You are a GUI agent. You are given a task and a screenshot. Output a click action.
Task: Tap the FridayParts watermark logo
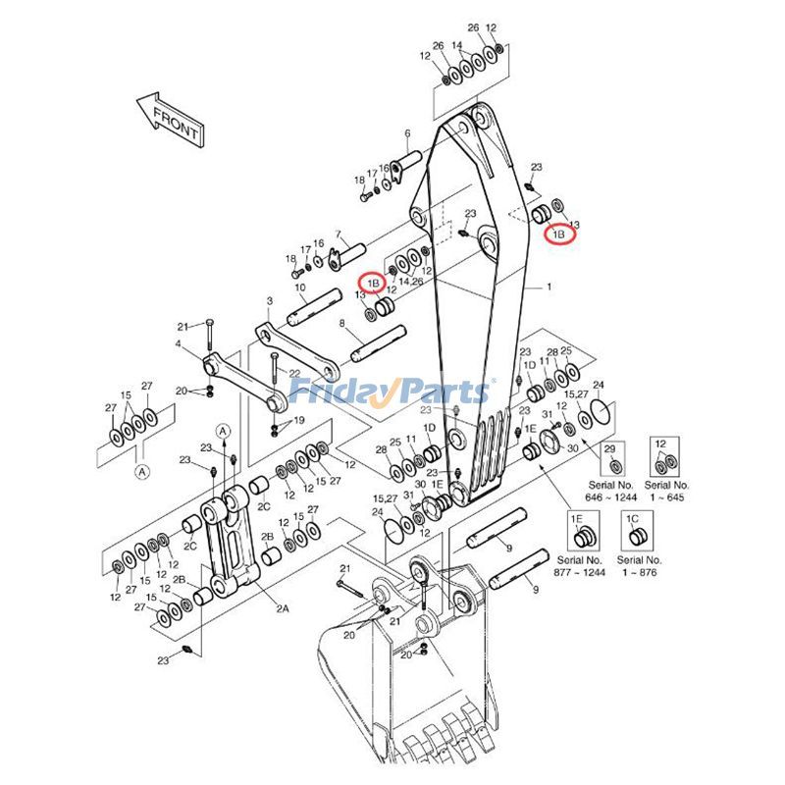[x=391, y=392]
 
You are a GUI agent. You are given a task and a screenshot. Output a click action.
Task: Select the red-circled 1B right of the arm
[x=560, y=235]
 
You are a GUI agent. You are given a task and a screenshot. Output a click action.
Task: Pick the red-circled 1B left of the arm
[x=373, y=283]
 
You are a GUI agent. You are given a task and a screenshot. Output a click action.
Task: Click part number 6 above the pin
[x=406, y=133]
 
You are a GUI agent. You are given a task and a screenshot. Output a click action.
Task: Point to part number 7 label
[x=338, y=235]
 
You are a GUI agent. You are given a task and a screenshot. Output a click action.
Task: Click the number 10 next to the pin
[x=300, y=287]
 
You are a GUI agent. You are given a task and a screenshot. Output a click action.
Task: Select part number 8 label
[x=342, y=323]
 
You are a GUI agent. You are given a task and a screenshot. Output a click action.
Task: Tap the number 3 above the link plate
[x=269, y=300]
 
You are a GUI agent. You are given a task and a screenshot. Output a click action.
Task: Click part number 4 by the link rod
[x=178, y=344]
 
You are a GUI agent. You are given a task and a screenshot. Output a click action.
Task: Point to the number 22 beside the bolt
[x=294, y=374]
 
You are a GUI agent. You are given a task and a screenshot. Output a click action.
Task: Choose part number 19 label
[x=299, y=420]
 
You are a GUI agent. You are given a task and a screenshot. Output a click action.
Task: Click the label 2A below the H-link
[x=282, y=608]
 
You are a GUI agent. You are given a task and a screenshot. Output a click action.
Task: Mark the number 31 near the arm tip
[x=548, y=413]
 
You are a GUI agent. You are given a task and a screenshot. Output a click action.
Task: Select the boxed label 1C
[x=633, y=517]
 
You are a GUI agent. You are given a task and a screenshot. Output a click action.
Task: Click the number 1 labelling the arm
[x=549, y=288]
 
